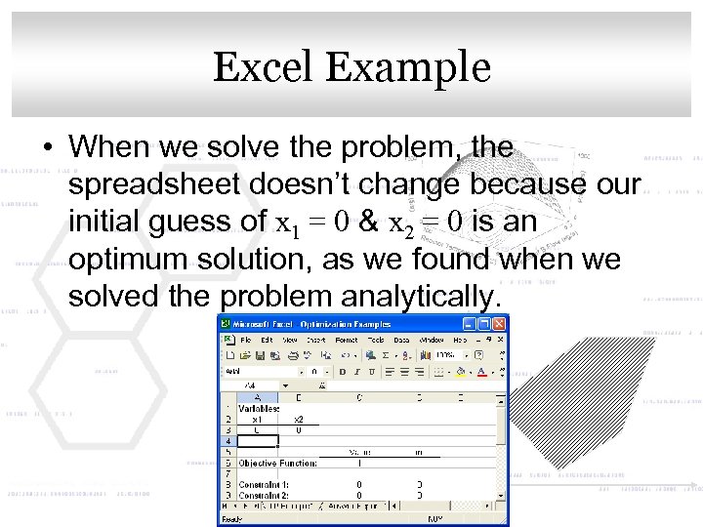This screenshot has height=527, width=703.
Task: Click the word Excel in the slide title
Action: coord(267,67)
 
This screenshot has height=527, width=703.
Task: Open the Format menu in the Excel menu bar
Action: coord(346,340)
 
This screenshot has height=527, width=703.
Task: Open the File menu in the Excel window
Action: coord(247,340)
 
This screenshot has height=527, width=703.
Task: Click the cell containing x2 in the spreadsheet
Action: coord(299,419)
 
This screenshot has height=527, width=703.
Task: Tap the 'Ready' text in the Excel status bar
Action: coord(231,519)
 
